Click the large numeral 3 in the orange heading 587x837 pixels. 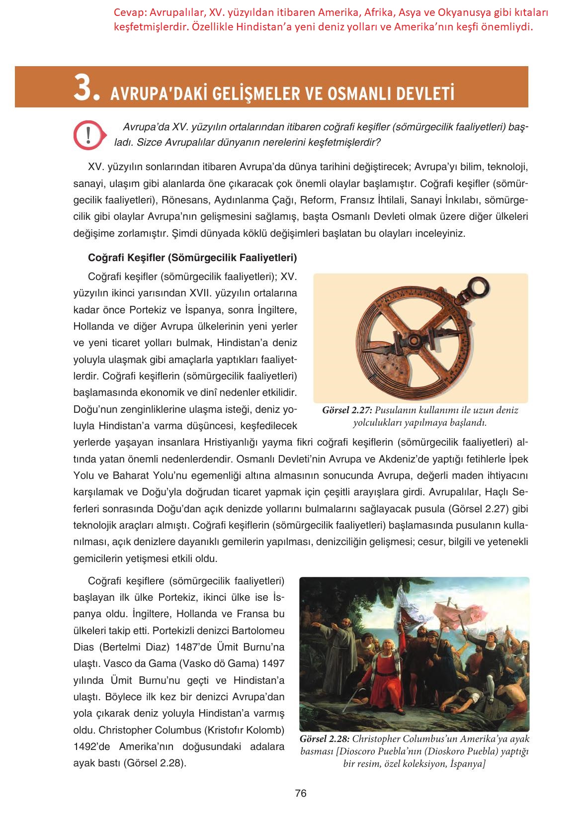[85, 89]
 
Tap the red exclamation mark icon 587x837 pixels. [88, 134]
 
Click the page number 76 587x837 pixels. [301, 794]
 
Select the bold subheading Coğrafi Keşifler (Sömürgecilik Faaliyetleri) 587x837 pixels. [192, 258]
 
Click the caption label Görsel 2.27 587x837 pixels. [347, 411]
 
